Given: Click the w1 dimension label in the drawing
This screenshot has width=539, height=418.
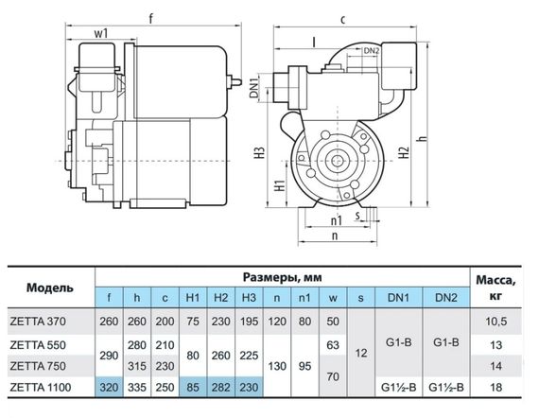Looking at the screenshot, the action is point(101,34).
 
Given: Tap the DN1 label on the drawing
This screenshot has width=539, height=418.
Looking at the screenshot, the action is point(254,87).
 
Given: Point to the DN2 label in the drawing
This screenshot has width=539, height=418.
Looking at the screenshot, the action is point(372,50).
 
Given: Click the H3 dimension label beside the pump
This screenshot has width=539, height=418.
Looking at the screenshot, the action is point(260,152).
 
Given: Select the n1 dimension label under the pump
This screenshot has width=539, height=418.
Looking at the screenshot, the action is point(337,220).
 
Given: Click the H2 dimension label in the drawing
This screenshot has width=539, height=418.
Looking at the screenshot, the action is point(405,152).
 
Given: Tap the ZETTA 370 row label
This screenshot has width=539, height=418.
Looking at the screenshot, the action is point(38,322).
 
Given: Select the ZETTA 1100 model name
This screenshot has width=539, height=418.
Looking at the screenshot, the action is point(41,388).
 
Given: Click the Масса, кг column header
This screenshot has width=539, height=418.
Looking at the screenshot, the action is point(496,287).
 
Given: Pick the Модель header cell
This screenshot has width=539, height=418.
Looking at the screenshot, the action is point(50,287).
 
